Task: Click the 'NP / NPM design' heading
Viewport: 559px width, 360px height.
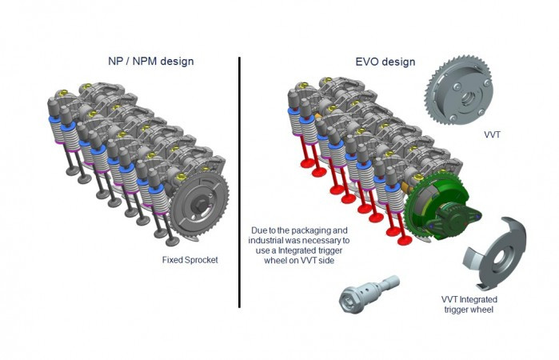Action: point(150,62)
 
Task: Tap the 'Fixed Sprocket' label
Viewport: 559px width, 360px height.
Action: point(190,259)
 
